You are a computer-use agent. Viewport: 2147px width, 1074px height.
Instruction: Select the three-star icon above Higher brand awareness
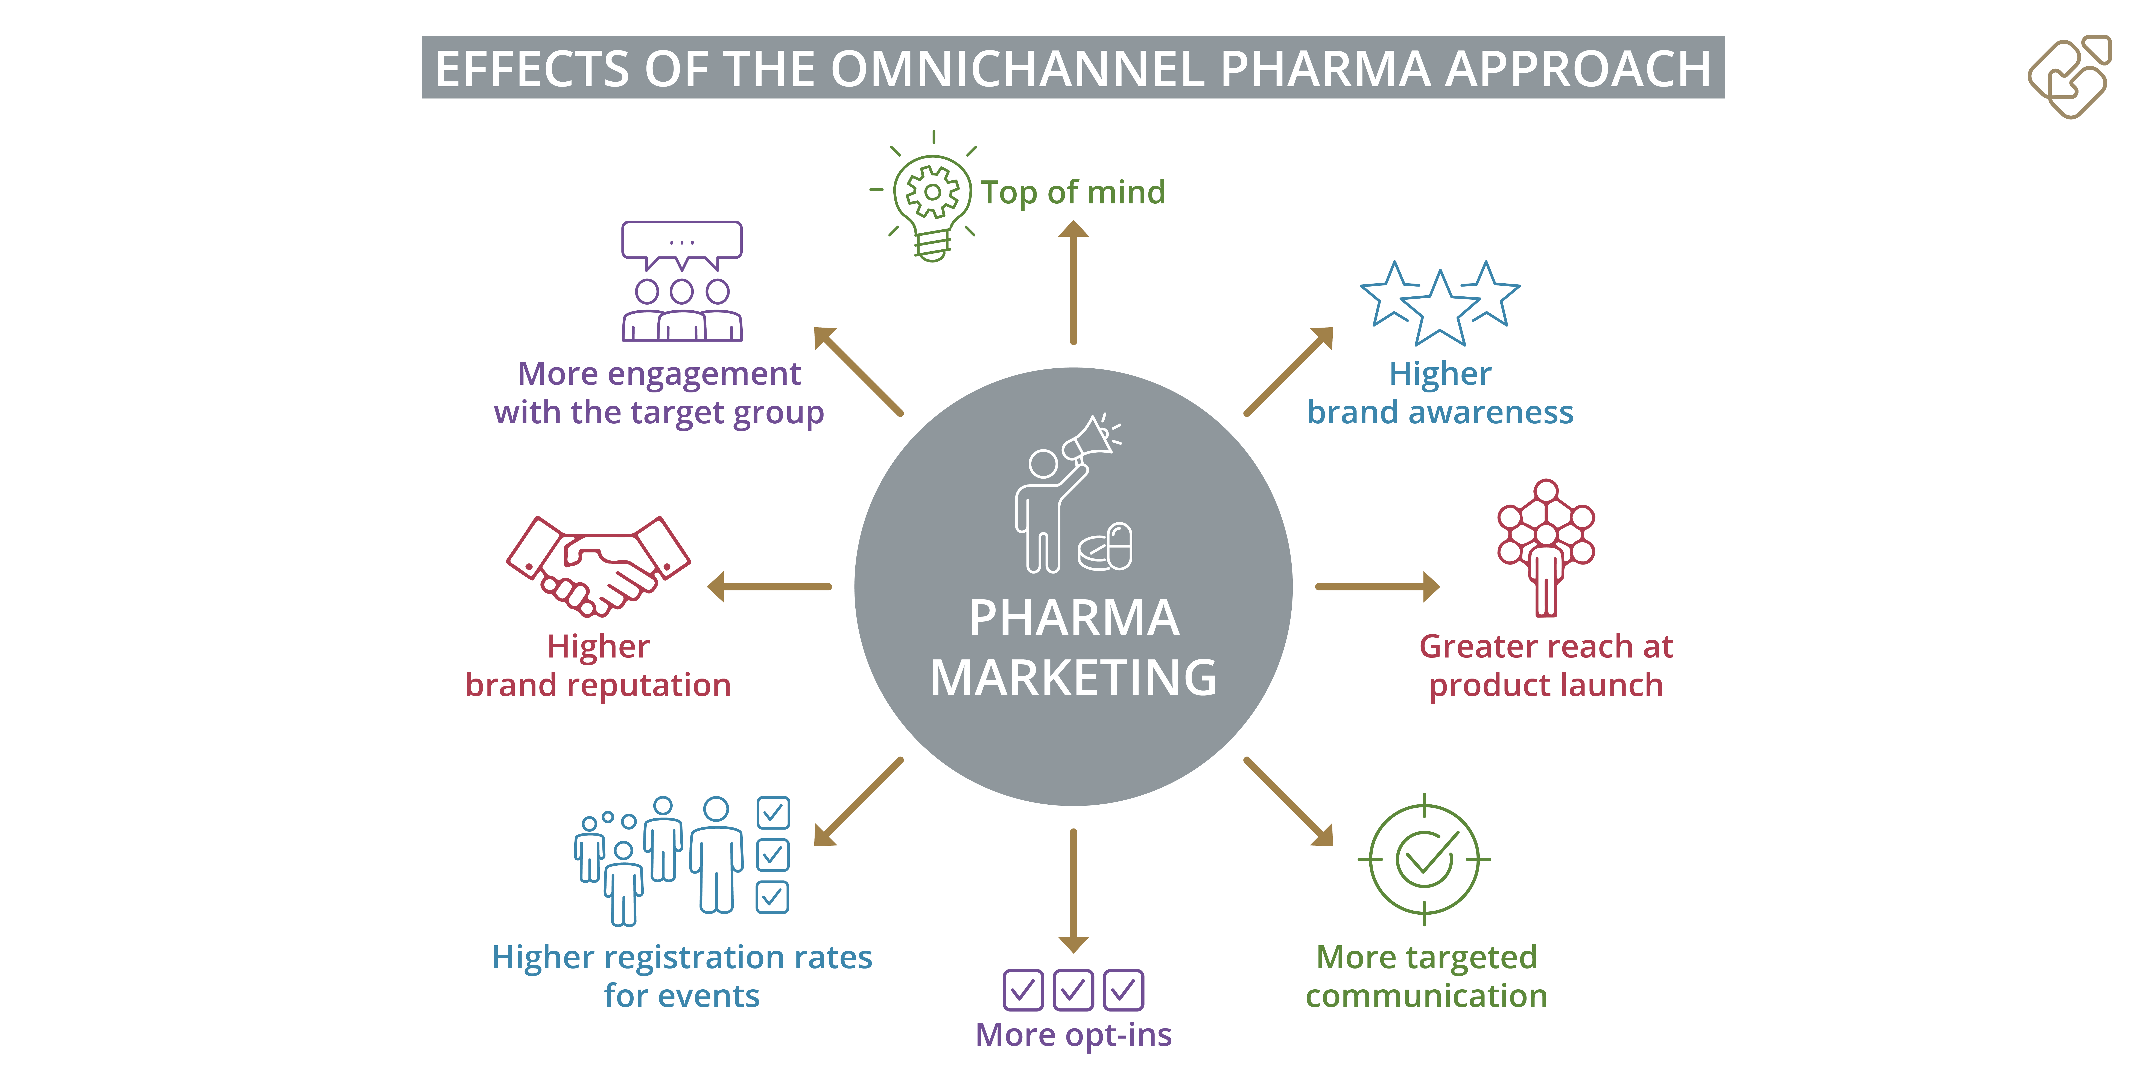(1439, 303)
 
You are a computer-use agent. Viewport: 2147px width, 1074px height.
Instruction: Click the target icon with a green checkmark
(1424, 859)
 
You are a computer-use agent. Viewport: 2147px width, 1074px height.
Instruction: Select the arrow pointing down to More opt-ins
(1073, 891)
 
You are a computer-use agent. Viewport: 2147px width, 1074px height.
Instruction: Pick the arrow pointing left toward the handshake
(768, 586)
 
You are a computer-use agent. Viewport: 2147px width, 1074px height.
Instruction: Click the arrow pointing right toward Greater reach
(1378, 586)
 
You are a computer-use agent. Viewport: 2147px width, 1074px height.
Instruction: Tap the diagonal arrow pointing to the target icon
(1289, 801)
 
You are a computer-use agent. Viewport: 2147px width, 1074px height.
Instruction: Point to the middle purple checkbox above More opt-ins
(1073, 990)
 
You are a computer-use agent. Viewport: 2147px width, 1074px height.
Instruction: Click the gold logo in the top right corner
(2069, 77)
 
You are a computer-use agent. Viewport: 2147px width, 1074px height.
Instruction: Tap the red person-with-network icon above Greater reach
(1546, 548)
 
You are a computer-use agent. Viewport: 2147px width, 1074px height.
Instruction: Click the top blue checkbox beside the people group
(773, 812)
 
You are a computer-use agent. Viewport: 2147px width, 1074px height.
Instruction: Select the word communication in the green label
(1426, 996)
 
